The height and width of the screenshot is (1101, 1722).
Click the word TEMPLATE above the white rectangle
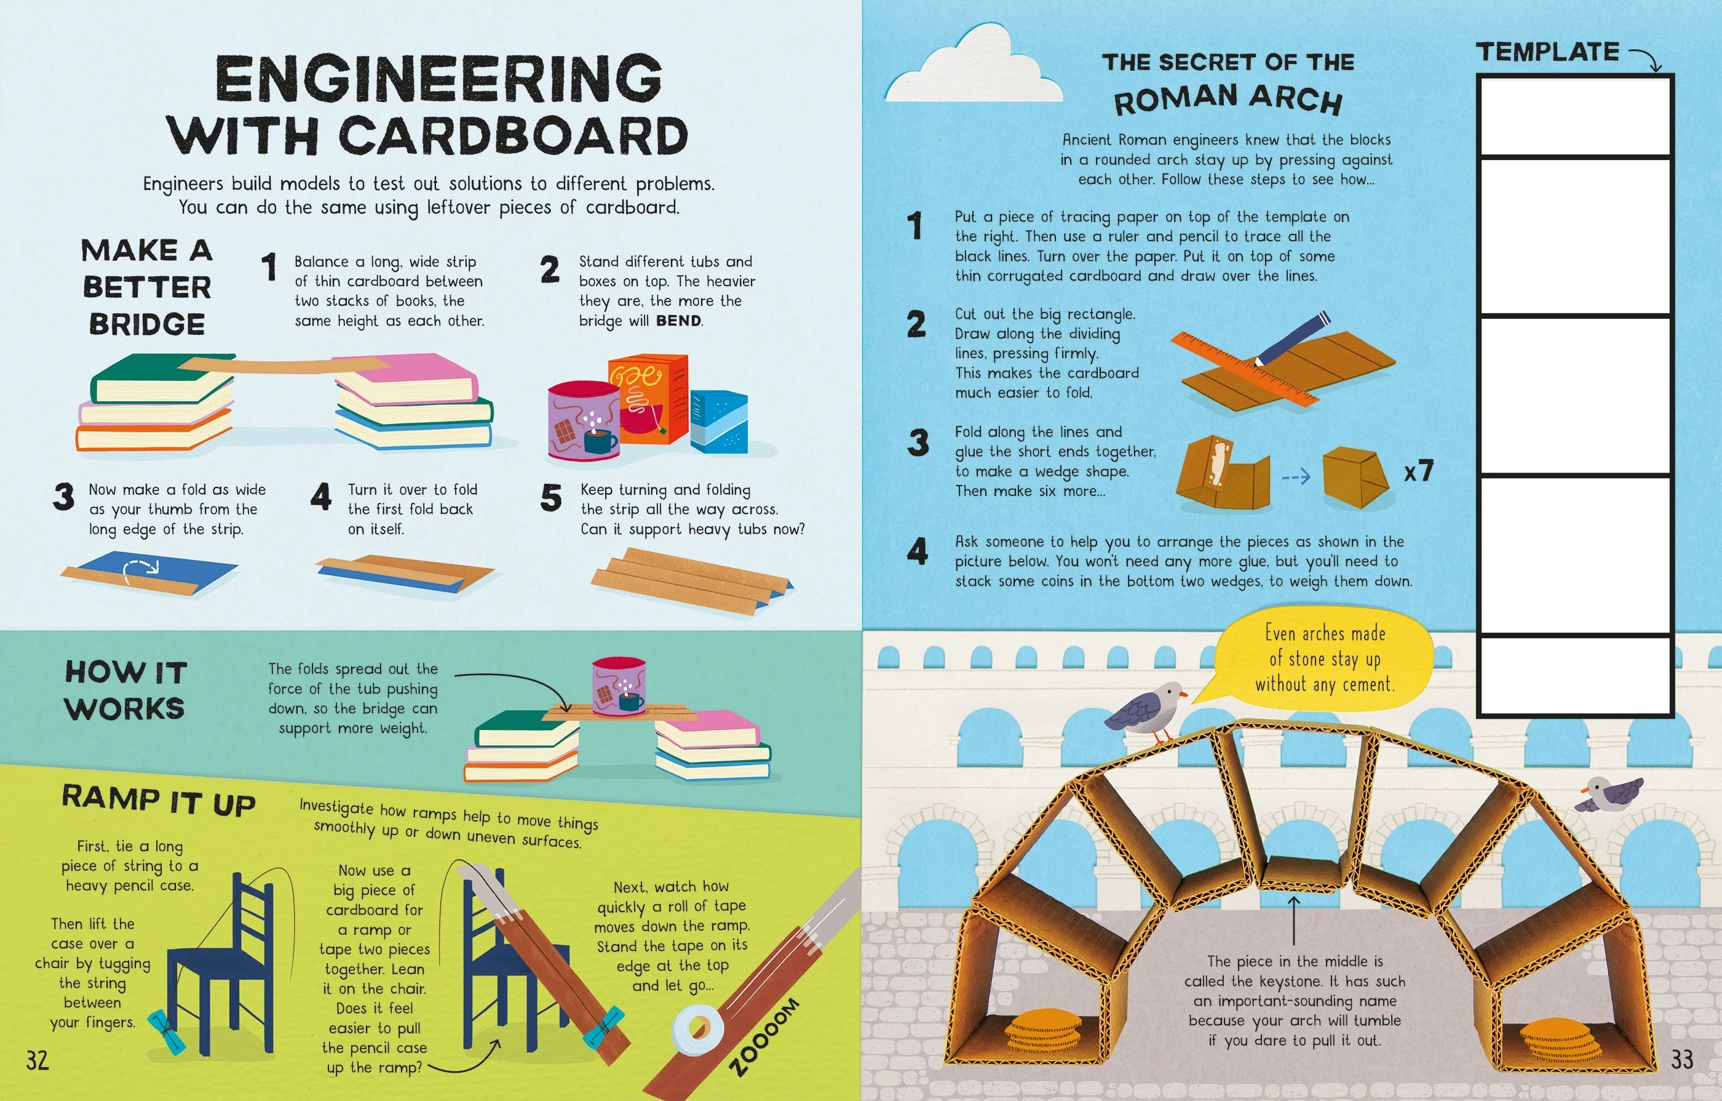tap(1547, 52)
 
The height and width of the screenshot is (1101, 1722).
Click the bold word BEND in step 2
tap(678, 321)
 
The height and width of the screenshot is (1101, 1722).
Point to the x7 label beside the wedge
tap(1419, 471)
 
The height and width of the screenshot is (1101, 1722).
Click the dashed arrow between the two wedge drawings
tap(1295, 476)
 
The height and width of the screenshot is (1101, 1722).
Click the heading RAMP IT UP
tap(159, 801)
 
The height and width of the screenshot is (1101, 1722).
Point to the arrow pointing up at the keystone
tap(1295, 920)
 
